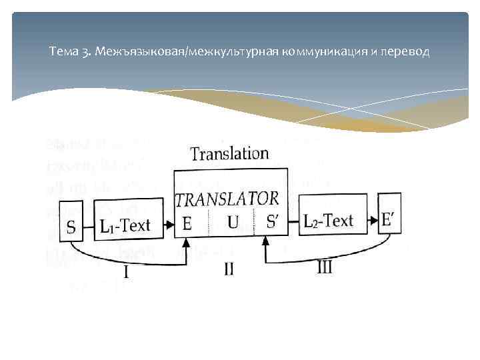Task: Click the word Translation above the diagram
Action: [x=229, y=154]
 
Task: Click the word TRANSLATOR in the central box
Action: [x=227, y=198]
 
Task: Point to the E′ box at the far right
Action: [x=389, y=218]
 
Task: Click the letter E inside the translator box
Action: [x=187, y=224]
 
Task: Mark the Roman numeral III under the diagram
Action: [x=325, y=268]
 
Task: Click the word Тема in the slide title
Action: [x=63, y=52]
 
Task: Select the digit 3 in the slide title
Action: [x=86, y=52]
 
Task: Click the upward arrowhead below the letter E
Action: [x=187, y=245]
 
